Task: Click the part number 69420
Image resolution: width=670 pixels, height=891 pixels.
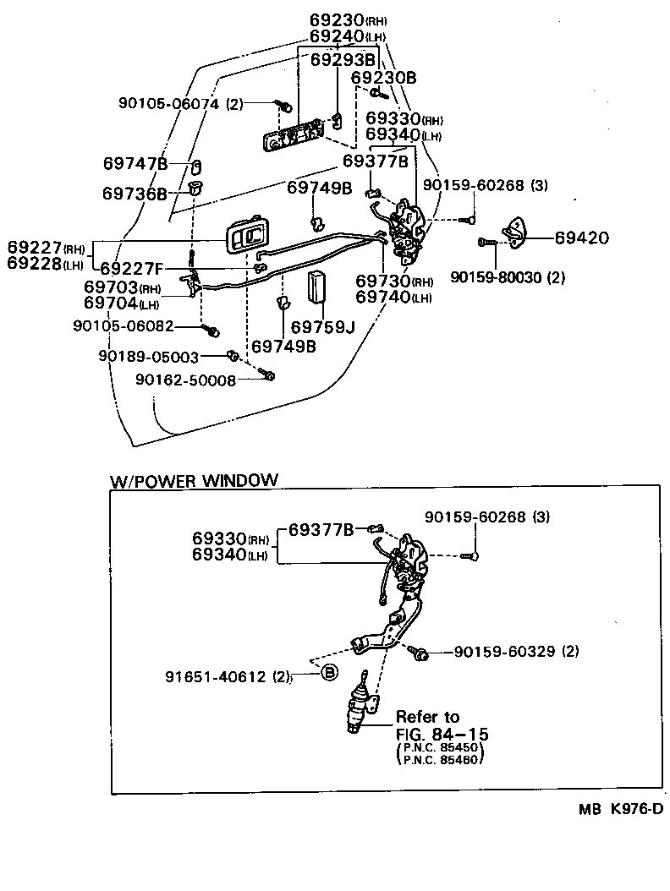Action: pyautogui.click(x=582, y=238)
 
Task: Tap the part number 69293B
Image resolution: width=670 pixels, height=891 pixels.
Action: pyautogui.click(x=343, y=60)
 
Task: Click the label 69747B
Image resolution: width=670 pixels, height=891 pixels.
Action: pyautogui.click(x=135, y=163)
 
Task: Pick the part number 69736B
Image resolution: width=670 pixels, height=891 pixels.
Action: pyautogui.click(x=135, y=194)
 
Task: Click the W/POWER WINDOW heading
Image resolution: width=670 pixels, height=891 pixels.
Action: pyautogui.click(x=194, y=480)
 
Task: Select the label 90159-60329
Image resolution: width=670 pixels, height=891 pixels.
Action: pyautogui.click(x=506, y=652)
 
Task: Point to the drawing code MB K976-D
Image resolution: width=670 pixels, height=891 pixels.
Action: pyautogui.click(x=620, y=809)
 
